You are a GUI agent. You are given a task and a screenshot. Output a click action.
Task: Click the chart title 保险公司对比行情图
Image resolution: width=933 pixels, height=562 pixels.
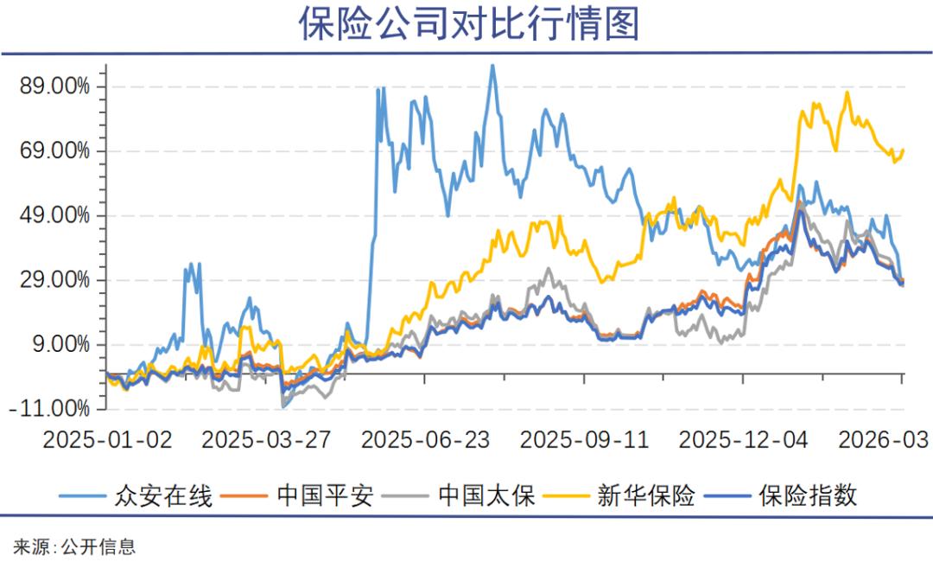point(469,25)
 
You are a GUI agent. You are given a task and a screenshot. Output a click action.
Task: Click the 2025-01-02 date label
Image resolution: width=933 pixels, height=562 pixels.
point(108,439)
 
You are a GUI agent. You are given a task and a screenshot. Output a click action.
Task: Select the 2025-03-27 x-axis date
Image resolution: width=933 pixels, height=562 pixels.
point(266,439)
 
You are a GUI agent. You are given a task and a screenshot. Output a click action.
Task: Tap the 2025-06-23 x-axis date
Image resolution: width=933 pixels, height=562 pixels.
point(425,439)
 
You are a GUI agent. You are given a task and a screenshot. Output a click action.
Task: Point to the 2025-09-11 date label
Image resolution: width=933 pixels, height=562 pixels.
point(584,439)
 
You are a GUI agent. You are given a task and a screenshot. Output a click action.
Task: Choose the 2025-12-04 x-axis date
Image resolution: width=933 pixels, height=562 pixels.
point(744,439)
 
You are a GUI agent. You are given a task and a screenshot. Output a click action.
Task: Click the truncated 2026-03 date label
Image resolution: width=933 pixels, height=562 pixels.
point(883,439)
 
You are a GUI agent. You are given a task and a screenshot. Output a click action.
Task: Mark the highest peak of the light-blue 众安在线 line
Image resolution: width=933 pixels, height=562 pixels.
point(492,65)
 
